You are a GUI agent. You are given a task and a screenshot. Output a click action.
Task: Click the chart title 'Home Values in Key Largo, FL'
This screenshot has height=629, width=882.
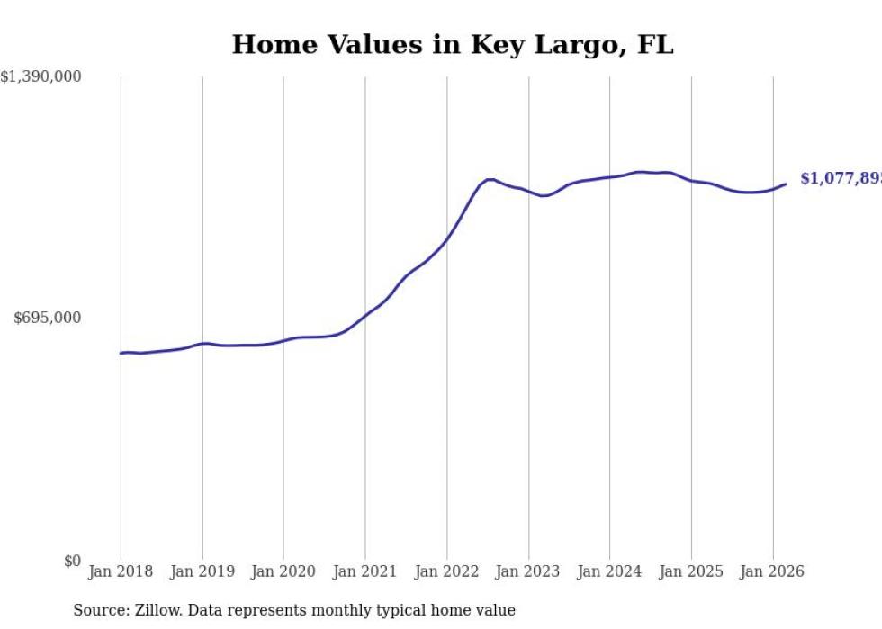453,45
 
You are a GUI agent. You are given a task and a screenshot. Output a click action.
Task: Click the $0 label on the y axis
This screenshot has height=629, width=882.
72,561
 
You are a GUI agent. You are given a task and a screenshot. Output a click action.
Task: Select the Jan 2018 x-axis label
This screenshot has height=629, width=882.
121,571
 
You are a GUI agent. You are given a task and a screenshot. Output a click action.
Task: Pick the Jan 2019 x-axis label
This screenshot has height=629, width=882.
202,571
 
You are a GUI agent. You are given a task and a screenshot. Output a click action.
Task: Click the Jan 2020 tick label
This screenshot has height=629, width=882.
283,571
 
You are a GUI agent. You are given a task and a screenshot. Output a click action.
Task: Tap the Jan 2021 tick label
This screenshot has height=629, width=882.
365,571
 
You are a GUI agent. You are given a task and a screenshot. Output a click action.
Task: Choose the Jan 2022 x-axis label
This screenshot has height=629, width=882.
446,571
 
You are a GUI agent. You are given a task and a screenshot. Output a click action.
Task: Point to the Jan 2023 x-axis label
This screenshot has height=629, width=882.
528,571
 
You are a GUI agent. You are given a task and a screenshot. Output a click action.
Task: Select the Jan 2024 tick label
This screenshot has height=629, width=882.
609,571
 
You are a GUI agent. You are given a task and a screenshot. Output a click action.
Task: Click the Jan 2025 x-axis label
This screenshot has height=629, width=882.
691,571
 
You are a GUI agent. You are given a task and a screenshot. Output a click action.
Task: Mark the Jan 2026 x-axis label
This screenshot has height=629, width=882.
772,571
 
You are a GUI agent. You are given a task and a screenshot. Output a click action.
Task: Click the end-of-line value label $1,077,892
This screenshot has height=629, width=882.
841,179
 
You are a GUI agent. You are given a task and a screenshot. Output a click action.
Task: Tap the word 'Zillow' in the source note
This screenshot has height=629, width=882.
157,610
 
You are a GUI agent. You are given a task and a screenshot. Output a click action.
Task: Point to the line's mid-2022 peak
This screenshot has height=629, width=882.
490,179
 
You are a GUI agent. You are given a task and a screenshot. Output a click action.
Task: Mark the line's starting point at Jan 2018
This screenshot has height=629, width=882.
121,353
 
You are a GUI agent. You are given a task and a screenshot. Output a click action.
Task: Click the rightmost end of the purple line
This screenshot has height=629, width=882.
786,184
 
